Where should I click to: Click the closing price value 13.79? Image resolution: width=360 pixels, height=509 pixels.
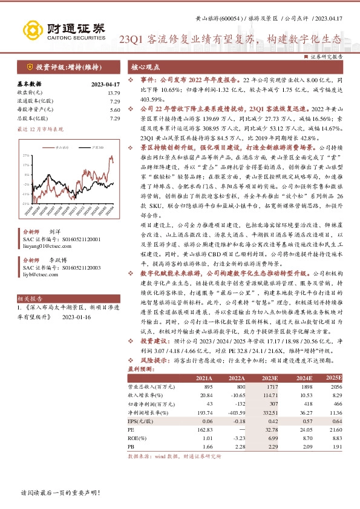114,93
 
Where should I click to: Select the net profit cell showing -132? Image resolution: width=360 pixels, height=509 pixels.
238,403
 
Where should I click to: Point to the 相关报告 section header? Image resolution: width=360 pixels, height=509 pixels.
29,299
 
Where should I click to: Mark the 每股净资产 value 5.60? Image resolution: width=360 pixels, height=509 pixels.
115,110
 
